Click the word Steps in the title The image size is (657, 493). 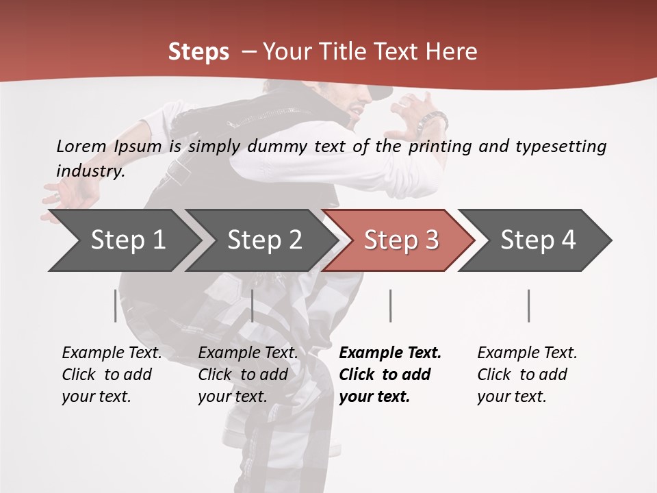pos(198,52)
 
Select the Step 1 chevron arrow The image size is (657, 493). pos(123,240)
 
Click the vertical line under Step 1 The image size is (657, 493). pos(115,305)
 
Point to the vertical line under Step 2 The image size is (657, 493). pos(253,305)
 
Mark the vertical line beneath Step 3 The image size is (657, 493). pos(391,305)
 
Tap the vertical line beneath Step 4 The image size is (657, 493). pos(529,305)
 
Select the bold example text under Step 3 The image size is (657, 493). pos(389,375)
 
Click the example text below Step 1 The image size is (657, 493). pos(111,375)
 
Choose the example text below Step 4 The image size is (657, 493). pos(526,375)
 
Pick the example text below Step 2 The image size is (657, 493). pos(247,375)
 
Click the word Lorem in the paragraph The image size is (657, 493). pos(81,146)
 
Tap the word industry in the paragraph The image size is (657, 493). pos(90,171)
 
